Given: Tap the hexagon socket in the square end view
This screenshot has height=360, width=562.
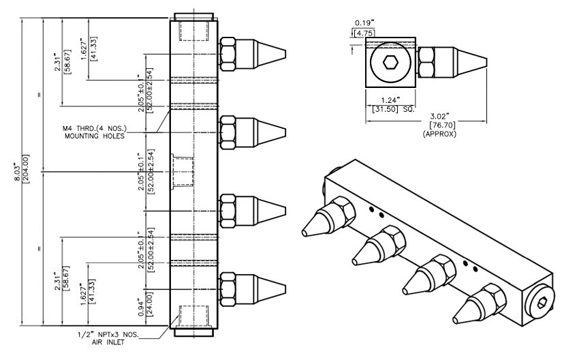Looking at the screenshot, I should point(390,63).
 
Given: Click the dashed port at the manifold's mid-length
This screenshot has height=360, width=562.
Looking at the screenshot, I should point(183,170).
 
